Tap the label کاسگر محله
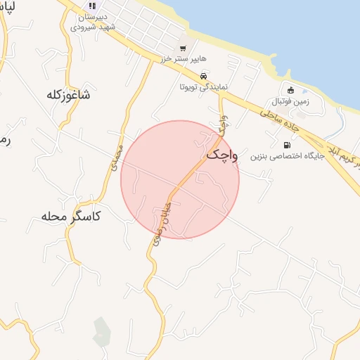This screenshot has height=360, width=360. click(67, 216)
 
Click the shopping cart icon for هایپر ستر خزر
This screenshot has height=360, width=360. click(183, 48)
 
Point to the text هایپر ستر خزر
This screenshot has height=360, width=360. click(179, 61)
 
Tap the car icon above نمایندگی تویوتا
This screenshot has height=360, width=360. click(202, 77)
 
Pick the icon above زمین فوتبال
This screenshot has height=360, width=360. click(290, 89)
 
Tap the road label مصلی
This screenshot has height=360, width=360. click(117, 155)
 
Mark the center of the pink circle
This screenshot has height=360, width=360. click(180, 180)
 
